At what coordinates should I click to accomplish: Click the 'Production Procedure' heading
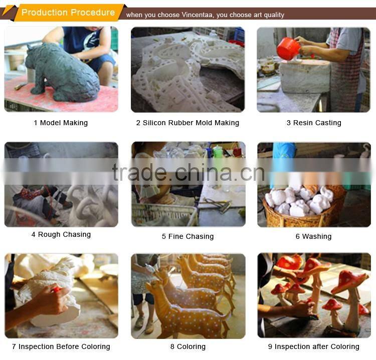pos(68,13)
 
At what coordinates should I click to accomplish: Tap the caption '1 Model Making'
pos(61,123)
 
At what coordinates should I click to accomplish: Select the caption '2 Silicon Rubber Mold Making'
pos(187,123)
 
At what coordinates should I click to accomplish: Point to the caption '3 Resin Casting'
pos(314,123)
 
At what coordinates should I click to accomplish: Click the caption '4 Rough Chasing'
pos(61,234)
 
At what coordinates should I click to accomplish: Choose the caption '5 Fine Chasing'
pos(187,236)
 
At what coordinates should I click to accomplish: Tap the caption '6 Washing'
pos(313,236)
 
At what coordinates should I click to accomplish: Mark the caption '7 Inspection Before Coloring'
pos(61,346)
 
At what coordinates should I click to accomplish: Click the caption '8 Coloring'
pos(188,346)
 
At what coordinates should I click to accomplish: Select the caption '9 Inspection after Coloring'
pos(314,346)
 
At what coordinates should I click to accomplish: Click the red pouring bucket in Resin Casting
pos(288,49)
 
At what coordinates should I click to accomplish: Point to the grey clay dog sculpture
pos(62,72)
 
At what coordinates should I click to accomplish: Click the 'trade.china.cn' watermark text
pos(189,172)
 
